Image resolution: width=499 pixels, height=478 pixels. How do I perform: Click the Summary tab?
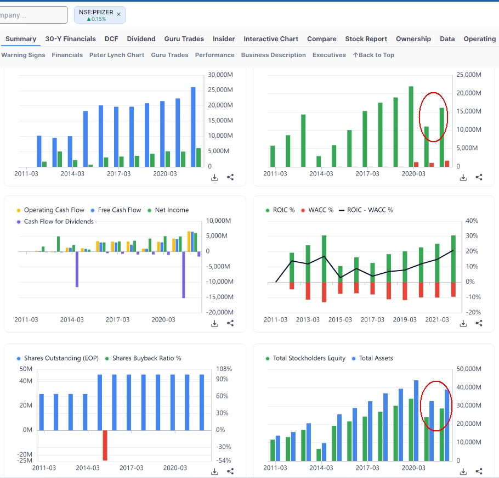pyautogui.click(x=21, y=39)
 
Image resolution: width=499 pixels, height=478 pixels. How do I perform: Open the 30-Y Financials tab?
pyautogui.click(x=70, y=39)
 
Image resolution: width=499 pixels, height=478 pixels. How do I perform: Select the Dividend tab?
pyautogui.click(x=141, y=39)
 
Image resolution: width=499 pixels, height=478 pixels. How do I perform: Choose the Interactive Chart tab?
pyautogui.click(x=271, y=39)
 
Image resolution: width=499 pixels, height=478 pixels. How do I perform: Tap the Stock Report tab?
pyautogui.click(x=366, y=39)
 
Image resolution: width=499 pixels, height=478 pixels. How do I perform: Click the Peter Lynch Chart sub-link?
pyautogui.click(x=117, y=55)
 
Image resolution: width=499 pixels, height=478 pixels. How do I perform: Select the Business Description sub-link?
pyautogui.click(x=274, y=55)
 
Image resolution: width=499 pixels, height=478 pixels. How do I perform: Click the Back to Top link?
pyautogui.click(x=373, y=55)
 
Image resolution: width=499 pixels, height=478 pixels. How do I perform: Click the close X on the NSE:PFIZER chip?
pyautogui.click(x=118, y=14)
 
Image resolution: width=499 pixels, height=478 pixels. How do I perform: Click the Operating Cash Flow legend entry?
pyautogui.click(x=50, y=210)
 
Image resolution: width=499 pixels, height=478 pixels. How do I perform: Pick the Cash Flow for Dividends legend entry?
pyautogui.click(x=55, y=222)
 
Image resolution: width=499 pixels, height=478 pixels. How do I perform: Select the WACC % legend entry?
pyautogui.click(x=317, y=210)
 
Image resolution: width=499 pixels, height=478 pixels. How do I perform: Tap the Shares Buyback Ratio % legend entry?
pyautogui.click(x=143, y=358)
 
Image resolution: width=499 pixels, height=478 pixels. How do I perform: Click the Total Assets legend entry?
pyautogui.click(x=372, y=358)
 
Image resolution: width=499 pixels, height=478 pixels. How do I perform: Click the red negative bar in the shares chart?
pyautogui.click(x=105, y=445)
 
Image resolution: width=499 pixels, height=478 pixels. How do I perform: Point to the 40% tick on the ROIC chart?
pyautogui.click(x=472, y=221)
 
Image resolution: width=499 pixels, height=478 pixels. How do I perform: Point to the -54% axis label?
pyautogui.click(x=223, y=460)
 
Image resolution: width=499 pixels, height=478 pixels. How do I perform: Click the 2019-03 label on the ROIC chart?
pyautogui.click(x=405, y=320)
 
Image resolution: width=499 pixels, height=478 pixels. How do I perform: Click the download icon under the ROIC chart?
pyautogui.click(x=463, y=324)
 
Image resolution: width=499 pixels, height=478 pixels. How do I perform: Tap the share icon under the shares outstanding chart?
pyautogui.click(x=230, y=471)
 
